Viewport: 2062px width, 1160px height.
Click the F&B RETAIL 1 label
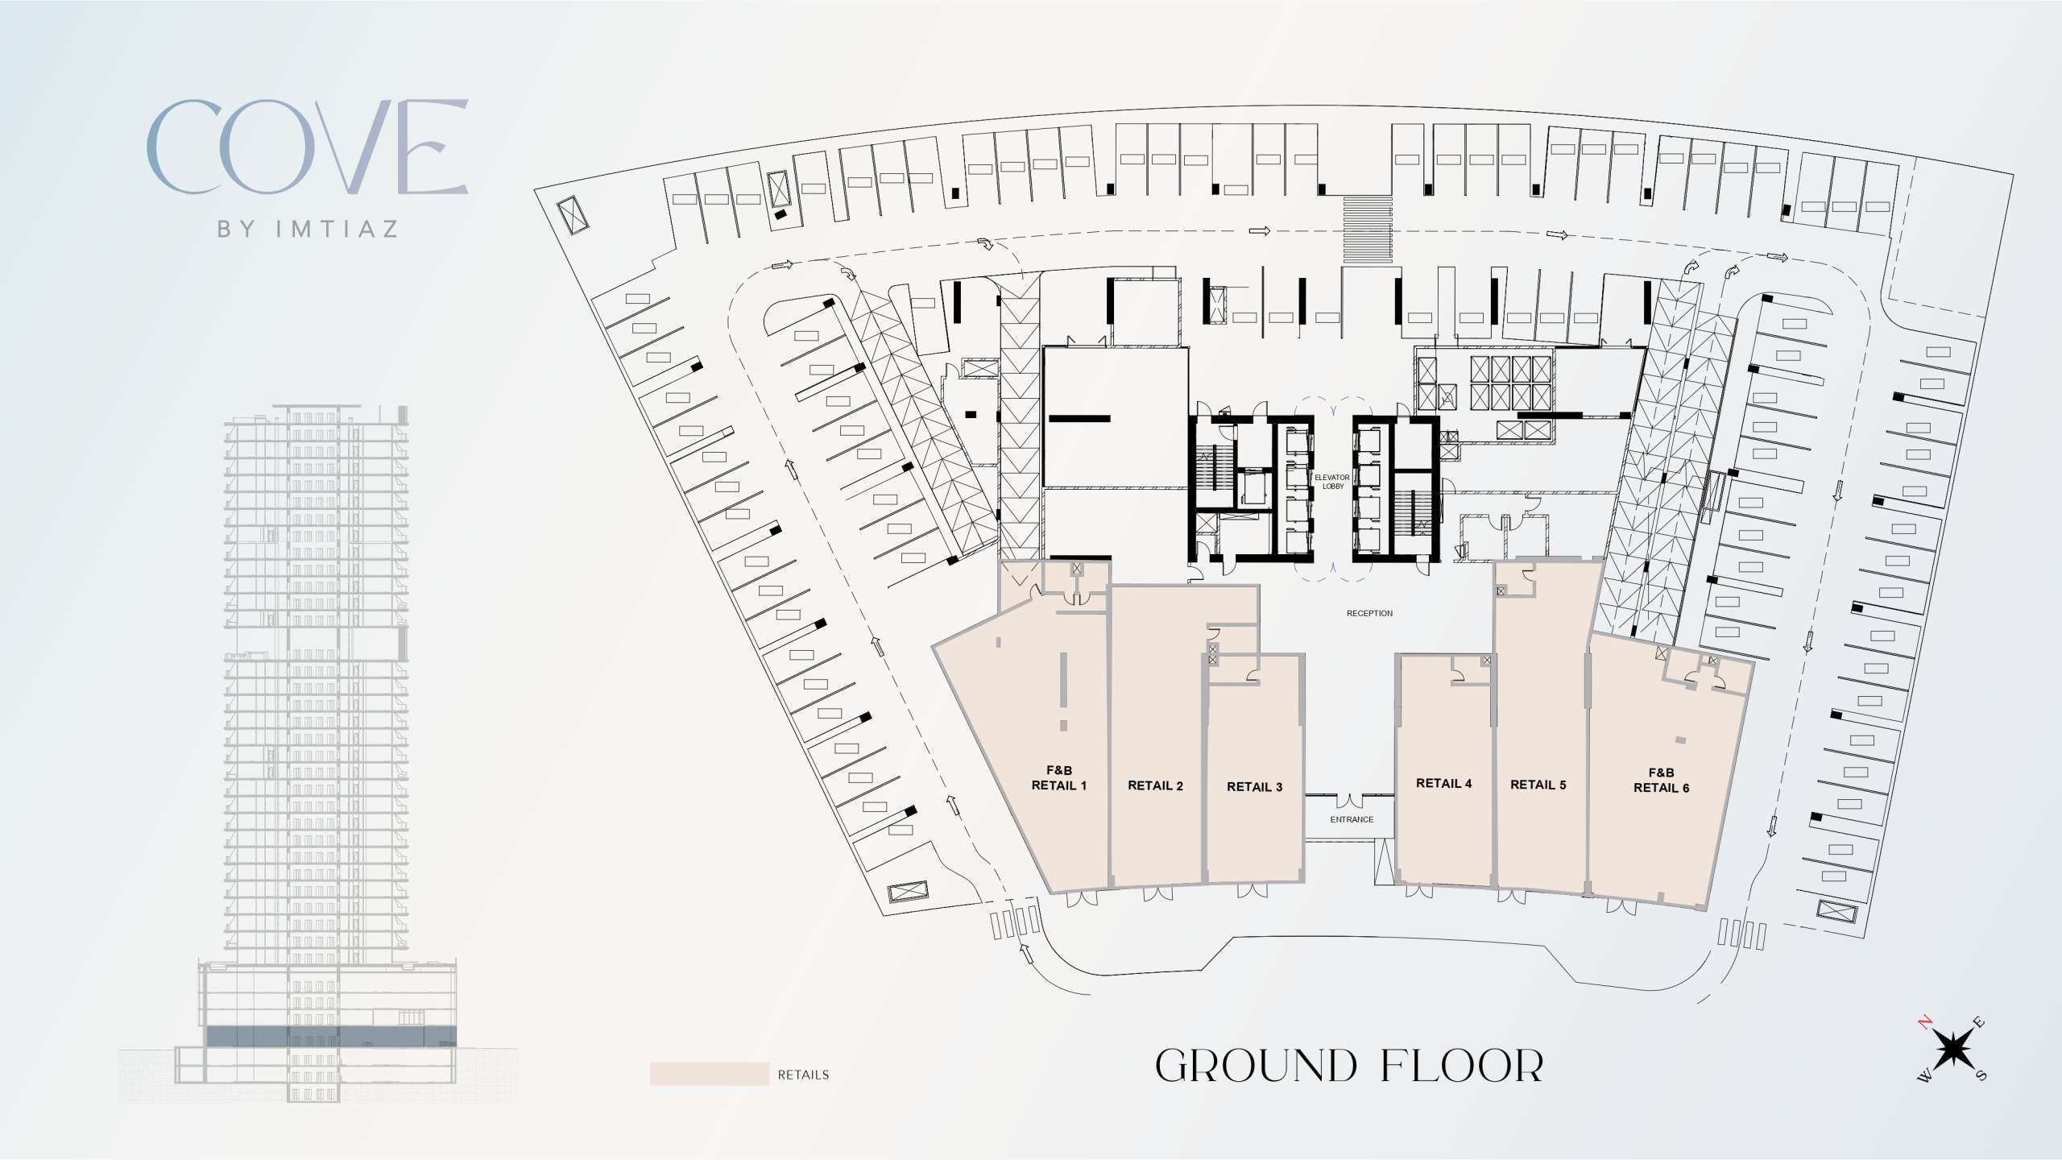[1059, 778]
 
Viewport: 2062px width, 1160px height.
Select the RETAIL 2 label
[1155, 785]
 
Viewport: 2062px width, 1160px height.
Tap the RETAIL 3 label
[1254, 787]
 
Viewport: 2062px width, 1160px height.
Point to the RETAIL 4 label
[1443, 783]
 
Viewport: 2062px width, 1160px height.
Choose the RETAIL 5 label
[1538, 785]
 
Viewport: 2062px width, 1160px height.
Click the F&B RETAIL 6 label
[1661, 781]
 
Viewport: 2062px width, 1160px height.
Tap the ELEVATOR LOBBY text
[1332, 482]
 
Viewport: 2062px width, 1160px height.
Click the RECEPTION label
[1369, 614]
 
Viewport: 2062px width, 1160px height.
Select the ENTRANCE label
[1352, 820]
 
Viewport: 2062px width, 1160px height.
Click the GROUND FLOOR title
[1349, 1066]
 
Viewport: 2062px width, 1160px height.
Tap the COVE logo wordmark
[307, 147]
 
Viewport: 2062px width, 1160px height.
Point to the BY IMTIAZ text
[308, 229]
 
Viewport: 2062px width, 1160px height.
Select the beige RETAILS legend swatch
[710, 1074]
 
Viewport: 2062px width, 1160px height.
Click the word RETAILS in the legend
[803, 1075]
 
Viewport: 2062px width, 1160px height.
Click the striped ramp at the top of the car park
[1367, 229]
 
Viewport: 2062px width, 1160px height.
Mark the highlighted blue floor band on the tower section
[331, 1036]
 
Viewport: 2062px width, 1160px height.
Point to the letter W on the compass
[1924, 1078]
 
